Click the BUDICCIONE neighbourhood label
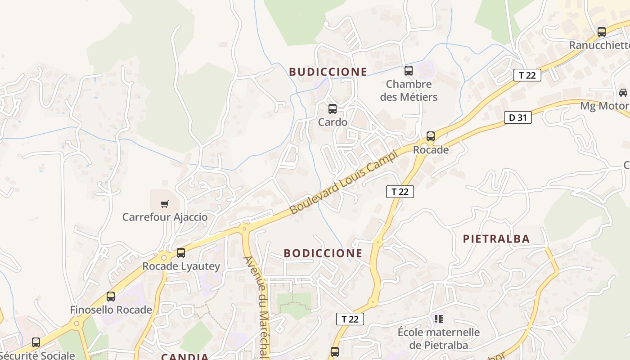click(x=328, y=72)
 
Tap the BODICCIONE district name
click(x=323, y=253)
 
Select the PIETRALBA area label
click(x=496, y=239)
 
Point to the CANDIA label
click(x=185, y=357)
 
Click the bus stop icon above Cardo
click(x=333, y=108)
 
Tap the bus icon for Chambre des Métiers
click(x=409, y=70)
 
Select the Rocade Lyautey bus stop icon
click(x=181, y=252)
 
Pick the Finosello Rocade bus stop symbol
click(x=111, y=296)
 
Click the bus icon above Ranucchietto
click(x=602, y=31)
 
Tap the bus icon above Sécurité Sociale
click(x=36, y=342)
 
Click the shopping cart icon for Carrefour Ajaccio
click(x=165, y=204)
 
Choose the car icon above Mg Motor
click(x=623, y=92)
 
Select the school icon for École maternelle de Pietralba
click(x=439, y=319)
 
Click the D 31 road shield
click(x=518, y=118)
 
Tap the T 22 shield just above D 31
click(x=527, y=75)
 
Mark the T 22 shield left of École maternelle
click(x=350, y=319)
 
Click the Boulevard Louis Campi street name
click(x=344, y=182)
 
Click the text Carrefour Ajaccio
click(x=165, y=217)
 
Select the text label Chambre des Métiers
click(x=409, y=90)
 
